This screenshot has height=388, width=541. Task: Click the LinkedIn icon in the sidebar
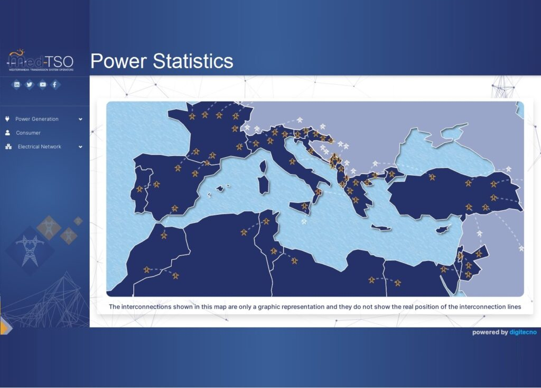(16, 84)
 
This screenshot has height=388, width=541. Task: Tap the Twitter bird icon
(30, 84)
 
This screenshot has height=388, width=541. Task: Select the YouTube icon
(42, 84)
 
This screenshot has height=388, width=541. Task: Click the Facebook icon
(55, 84)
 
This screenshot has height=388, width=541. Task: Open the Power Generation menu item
(37, 119)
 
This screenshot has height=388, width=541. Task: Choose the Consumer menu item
(29, 133)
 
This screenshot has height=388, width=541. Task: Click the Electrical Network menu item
(39, 147)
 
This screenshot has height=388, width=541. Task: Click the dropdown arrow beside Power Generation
(80, 119)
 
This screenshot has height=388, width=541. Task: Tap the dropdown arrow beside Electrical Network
(80, 147)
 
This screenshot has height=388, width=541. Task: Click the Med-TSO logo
(40, 60)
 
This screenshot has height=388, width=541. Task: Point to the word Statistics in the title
(193, 61)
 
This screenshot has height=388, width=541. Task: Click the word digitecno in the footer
(523, 332)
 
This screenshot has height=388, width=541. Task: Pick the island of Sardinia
(264, 185)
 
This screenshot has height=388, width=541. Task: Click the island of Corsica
(263, 167)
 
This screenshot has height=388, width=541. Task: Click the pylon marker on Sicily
(304, 206)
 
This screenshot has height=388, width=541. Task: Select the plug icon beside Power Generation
(7, 119)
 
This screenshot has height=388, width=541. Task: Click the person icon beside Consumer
(7, 133)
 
